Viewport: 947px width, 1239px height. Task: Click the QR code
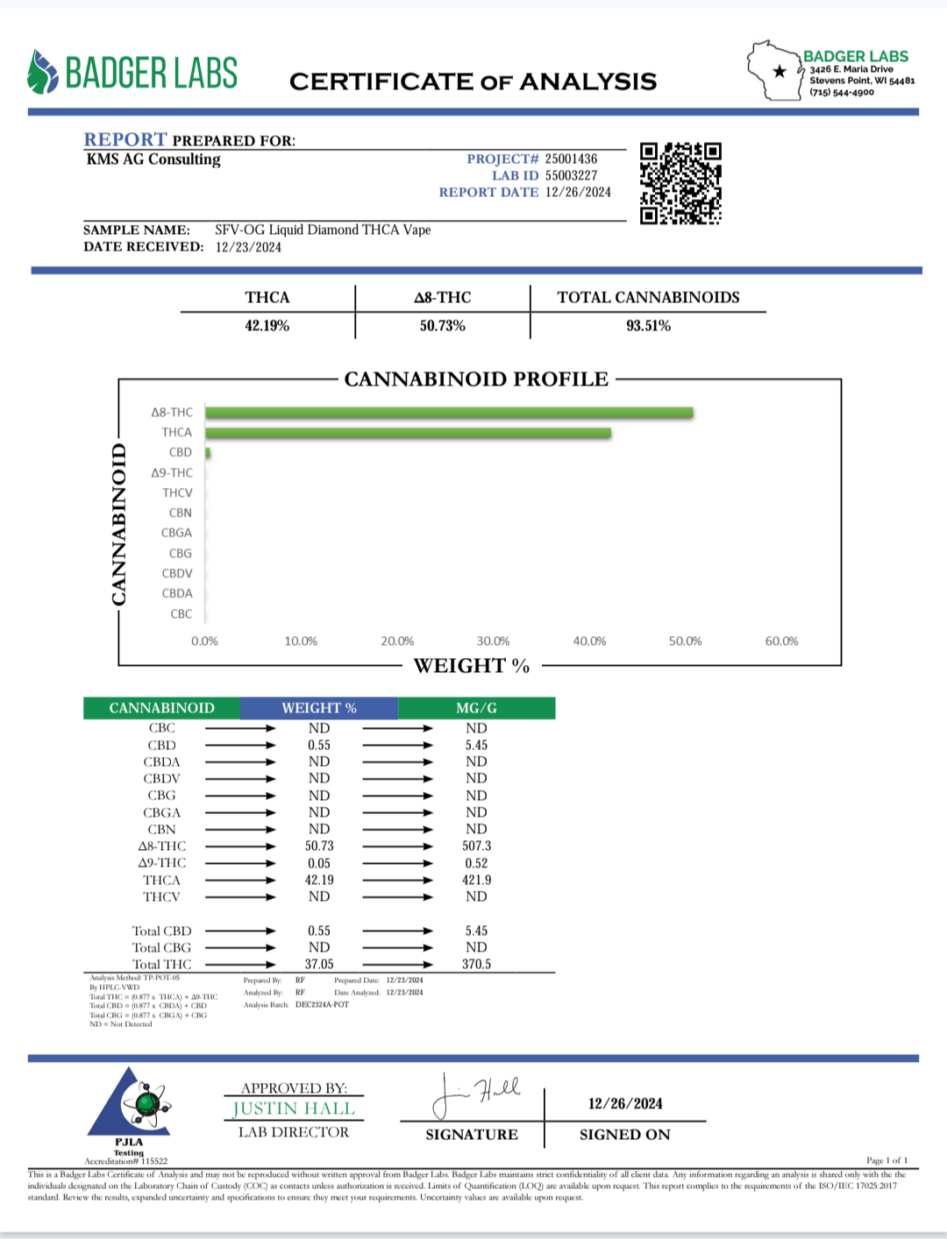click(680, 183)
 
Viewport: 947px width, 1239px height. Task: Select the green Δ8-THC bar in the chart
click(449, 413)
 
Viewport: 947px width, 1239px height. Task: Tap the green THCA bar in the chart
click(408, 433)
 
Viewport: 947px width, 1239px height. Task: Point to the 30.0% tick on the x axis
click(493, 641)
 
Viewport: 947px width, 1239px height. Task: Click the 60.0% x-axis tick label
click(781, 641)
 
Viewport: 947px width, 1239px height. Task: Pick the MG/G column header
click(476, 708)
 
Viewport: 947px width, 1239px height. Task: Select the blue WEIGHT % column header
click(319, 708)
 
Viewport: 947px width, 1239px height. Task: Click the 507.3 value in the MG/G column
click(476, 846)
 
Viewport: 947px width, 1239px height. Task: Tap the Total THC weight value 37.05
click(319, 964)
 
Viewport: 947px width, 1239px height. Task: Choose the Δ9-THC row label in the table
click(162, 863)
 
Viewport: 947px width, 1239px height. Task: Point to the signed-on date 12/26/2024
click(625, 1104)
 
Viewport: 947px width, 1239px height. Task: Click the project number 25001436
click(571, 159)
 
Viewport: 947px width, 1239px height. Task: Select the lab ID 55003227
click(571, 175)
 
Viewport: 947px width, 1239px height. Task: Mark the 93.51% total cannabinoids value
click(648, 326)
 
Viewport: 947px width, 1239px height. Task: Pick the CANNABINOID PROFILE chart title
click(476, 379)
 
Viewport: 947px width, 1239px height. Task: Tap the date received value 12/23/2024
click(248, 247)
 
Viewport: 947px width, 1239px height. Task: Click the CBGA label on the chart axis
click(176, 533)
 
